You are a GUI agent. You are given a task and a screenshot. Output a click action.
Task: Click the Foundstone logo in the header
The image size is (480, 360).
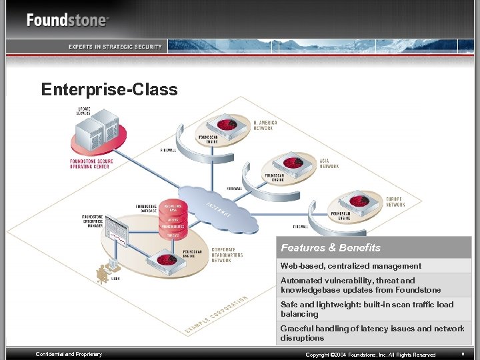click(x=67, y=20)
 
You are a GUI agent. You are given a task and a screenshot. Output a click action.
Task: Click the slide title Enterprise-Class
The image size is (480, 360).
click(x=109, y=89)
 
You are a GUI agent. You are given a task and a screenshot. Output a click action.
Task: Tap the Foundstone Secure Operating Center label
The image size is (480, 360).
click(x=91, y=164)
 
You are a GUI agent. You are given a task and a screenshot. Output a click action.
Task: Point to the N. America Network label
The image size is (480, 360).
click(x=265, y=125)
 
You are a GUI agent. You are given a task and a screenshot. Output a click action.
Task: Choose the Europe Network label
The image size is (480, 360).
click(x=395, y=201)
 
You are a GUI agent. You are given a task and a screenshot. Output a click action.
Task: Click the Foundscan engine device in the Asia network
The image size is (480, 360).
click(x=291, y=164)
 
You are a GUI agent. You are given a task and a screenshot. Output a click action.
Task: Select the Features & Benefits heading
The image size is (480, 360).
click(x=331, y=248)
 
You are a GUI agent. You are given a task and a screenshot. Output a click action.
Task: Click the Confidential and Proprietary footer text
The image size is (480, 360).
click(x=69, y=354)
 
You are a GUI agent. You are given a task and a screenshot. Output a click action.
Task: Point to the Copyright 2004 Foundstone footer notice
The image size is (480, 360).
click(x=370, y=355)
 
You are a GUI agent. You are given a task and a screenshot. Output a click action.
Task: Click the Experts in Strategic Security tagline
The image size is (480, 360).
click(x=115, y=46)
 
